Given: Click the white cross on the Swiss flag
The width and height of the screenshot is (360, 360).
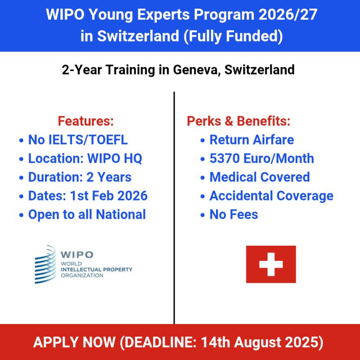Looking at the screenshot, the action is pos(271,264).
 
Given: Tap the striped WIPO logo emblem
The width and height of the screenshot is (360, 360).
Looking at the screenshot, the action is pos(45,264).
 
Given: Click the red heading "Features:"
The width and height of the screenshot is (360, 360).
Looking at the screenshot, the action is pos(85,121).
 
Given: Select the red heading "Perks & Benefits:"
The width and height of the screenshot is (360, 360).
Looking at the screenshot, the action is pos(238,121).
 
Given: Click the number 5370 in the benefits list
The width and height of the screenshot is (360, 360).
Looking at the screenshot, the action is pos(225,158).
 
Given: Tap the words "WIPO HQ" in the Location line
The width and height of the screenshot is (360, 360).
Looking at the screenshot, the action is pos(115,158).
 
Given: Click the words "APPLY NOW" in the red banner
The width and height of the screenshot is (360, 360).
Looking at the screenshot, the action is pos(74,342).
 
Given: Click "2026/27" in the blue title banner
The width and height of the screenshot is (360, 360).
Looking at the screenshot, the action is pos(288,15).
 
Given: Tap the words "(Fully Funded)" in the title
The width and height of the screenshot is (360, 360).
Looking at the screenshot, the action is pos(233,36).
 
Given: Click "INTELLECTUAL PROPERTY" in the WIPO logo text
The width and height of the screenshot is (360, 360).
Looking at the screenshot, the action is pos(97,270).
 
